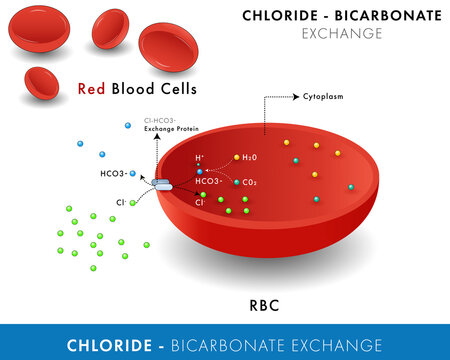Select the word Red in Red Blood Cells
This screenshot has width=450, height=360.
[x=92, y=89]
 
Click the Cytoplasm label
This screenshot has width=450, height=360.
[x=322, y=99]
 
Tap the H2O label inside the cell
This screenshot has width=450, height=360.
[x=250, y=158]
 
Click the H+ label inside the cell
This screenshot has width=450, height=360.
[x=199, y=158]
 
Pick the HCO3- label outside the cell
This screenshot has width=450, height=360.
[x=113, y=174]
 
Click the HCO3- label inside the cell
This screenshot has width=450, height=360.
[x=209, y=181]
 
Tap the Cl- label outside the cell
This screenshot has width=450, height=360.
[x=120, y=203]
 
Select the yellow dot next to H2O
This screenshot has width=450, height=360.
[x=237, y=157]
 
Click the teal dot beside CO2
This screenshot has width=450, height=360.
[x=237, y=182]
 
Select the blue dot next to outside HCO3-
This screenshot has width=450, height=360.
[x=132, y=173]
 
